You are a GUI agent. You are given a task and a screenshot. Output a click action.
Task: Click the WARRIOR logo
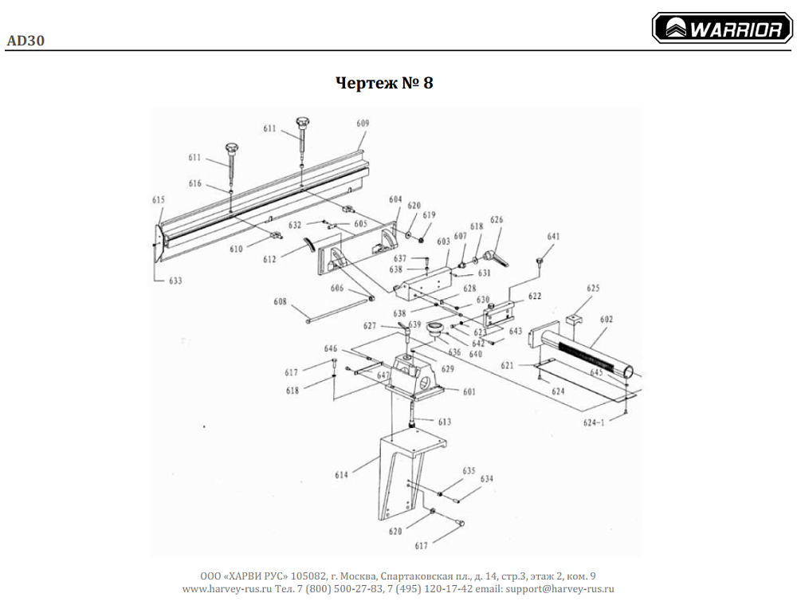point(722,29)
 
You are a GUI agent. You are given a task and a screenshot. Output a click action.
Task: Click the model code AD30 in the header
point(25,41)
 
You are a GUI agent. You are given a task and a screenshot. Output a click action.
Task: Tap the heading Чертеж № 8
point(384,83)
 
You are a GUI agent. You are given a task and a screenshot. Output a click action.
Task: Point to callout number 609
point(363,124)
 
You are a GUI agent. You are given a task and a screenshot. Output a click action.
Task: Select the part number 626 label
point(497,220)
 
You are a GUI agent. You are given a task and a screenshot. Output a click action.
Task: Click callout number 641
point(553,237)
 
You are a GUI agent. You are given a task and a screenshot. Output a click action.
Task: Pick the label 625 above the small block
point(593,289)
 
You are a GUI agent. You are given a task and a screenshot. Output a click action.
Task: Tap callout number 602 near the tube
point(607,320)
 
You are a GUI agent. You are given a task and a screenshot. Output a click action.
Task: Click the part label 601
point(469,391)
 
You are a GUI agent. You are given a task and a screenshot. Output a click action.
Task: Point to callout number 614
point(341,475)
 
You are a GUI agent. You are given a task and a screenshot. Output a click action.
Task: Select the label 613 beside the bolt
point(444,422)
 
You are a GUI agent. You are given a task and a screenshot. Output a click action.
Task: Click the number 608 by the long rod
point(279,302)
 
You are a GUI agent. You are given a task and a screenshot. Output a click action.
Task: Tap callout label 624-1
point(593,423)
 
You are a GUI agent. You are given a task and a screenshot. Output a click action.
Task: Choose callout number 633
point(175,281)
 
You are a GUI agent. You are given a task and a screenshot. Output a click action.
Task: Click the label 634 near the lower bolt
point(486,479)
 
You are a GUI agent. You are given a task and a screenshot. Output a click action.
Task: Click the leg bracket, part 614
point(402,478)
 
